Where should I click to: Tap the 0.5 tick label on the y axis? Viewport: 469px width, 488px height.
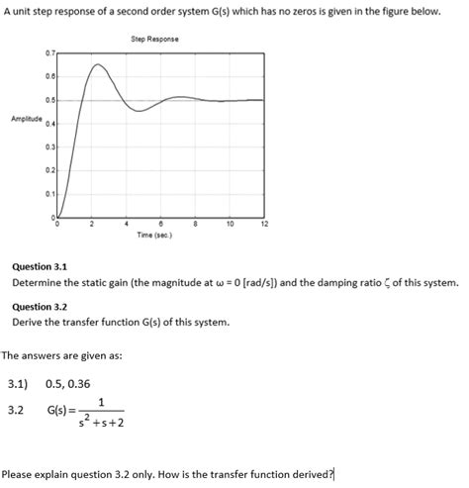(x=48, y=100)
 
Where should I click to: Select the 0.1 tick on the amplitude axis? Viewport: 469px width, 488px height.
(x=48, y=193)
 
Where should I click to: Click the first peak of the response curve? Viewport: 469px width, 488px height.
(x=96, y=64)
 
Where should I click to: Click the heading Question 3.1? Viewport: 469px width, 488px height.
(x=39, y=265)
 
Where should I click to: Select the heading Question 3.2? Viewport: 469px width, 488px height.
(x=39, y=307)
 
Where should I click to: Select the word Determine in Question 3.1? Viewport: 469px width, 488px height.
(x=37, y=282)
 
